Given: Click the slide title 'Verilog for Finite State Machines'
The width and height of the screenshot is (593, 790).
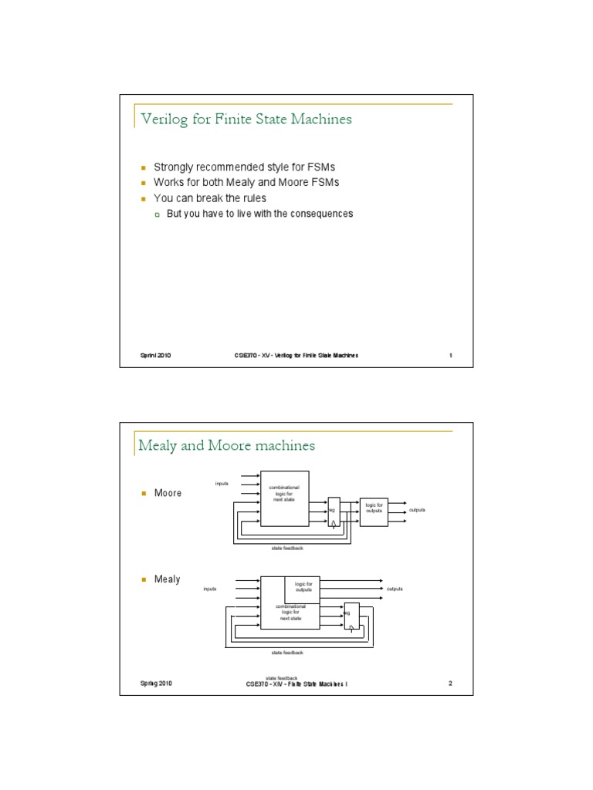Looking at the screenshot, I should tap(246, 119).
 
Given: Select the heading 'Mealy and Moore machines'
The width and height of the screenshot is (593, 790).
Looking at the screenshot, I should tap(226, 446).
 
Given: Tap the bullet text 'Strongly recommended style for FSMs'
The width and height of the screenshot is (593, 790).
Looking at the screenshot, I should tap(245, 167).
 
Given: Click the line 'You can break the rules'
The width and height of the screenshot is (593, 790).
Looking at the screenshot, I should tap(210, 198).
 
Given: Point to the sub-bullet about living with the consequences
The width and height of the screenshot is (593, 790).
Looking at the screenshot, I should tap(259, 214).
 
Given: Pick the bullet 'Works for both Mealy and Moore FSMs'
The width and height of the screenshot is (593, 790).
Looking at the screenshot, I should tap(246, 183).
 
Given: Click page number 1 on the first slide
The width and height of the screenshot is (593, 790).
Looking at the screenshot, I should tap(450, 355).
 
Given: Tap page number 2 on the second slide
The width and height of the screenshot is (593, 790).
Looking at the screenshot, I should tap(450, 684).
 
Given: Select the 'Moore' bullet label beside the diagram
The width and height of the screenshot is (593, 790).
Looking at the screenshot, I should tap(168, 493).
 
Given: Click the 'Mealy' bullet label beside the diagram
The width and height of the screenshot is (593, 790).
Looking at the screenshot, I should tap(167, 579).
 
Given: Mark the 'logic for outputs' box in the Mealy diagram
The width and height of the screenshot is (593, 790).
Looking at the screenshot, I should tap(303, 587).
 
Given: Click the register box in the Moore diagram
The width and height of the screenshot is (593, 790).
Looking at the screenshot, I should tap(334, 511).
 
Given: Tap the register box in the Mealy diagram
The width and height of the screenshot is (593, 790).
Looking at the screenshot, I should tap(351, 616).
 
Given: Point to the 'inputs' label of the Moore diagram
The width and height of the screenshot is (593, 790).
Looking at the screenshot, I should tap(222, 484).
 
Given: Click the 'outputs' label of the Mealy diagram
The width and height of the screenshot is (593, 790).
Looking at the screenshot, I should tap(395, 589).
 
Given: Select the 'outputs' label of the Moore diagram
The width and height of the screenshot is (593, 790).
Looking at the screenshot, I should tap(417, 511).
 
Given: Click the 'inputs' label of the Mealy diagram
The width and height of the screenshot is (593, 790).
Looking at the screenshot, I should tap(210, 589).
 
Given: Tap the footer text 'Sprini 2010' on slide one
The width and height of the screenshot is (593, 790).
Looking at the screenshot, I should tap(155, 355).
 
